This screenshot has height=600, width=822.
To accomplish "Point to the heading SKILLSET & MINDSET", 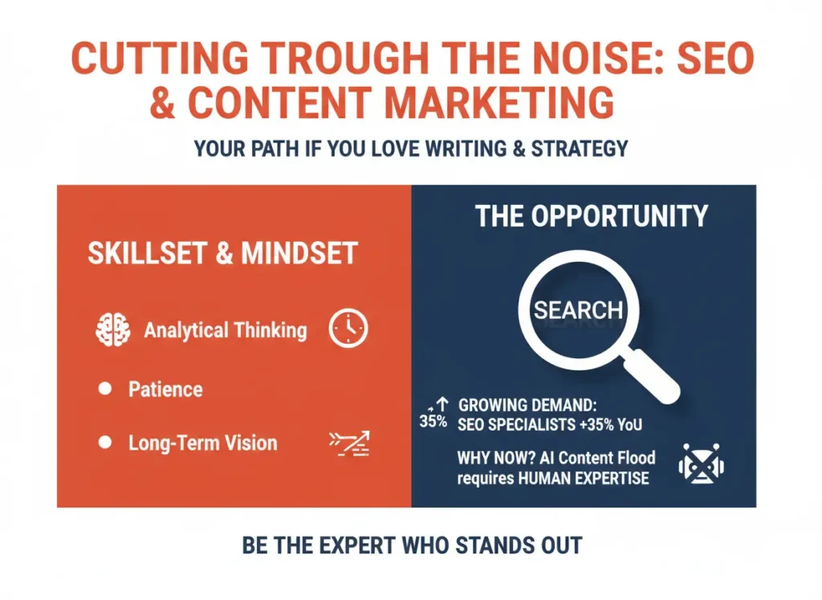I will (222, 254).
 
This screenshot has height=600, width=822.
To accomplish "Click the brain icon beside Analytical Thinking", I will (112, 329).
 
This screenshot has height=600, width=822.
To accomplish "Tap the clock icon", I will (348, 329).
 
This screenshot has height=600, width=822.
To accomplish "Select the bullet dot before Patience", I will (104, 390).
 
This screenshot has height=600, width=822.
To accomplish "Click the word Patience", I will (165, 390).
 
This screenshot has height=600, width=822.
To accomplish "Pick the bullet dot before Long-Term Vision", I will (104, 443).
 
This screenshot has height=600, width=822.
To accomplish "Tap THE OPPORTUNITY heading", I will (592, 216).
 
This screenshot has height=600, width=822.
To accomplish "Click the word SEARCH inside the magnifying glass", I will (578, 310).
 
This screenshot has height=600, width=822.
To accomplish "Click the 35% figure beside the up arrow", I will (433, 421).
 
